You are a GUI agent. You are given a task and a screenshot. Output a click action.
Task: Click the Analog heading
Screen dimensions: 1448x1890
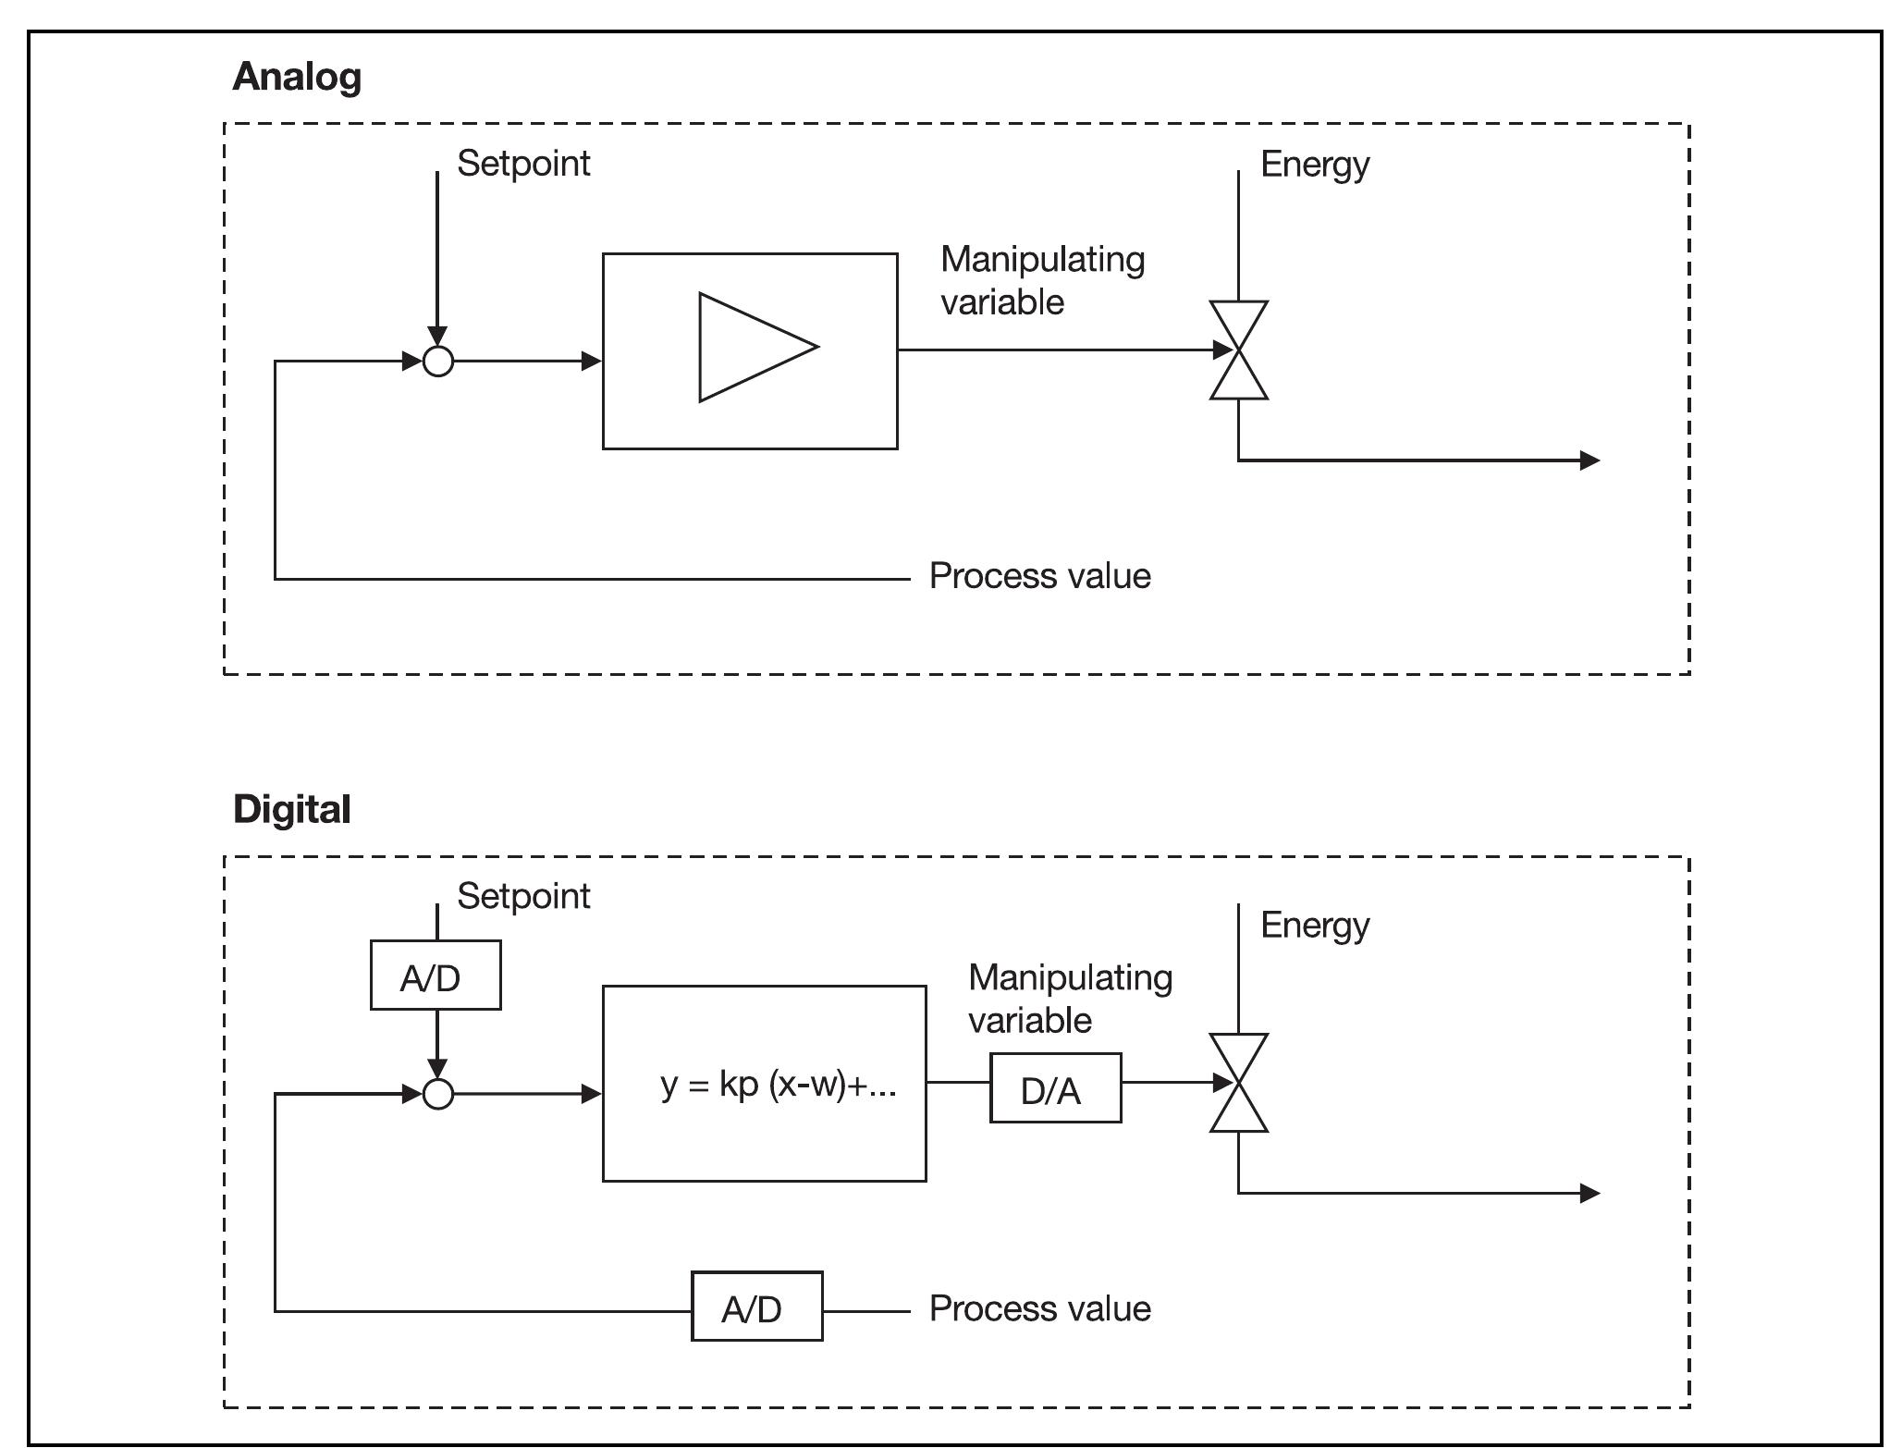pos(296,77)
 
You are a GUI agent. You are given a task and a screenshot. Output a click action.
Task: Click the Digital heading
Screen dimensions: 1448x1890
pos(291,809)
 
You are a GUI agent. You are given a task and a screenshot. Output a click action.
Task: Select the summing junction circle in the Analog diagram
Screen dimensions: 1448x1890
pos(438,361)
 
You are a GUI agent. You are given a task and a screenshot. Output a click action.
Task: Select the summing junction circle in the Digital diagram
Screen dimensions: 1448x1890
pos(438,1094)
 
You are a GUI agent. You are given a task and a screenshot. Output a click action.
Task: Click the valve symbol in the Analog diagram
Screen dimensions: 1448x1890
pos(1238,350)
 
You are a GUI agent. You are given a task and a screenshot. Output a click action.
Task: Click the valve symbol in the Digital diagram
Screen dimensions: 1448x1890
pos(1238,1083)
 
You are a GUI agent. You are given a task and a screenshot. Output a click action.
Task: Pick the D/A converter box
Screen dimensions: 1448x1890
pos(1055,1088)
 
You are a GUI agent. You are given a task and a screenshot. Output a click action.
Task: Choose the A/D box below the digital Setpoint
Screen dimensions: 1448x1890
pos(436,976)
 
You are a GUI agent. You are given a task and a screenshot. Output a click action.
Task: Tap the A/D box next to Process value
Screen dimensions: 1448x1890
pos(756,1307)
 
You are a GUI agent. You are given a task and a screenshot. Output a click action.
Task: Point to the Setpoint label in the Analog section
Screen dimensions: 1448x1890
pos(523,164)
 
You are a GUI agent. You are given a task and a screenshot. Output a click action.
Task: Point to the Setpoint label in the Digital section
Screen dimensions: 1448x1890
pos(523,896)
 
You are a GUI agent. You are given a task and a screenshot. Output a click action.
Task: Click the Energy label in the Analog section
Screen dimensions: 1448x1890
pos(1314,165)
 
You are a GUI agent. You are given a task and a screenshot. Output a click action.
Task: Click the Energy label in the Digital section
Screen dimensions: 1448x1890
pos(1314,926)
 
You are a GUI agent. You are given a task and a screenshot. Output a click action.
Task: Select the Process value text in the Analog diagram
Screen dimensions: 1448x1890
pos(1039,576)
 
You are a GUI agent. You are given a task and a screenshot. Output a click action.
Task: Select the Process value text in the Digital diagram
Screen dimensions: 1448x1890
pos(1039,1308)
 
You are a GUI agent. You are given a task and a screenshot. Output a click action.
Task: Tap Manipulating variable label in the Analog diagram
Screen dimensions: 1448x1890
pos(1042,280)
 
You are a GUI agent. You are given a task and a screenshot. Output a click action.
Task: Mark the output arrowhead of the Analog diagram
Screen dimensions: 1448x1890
pos(1590,460)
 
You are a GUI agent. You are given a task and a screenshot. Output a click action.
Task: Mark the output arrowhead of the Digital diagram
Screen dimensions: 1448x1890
pos(1590,1193)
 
